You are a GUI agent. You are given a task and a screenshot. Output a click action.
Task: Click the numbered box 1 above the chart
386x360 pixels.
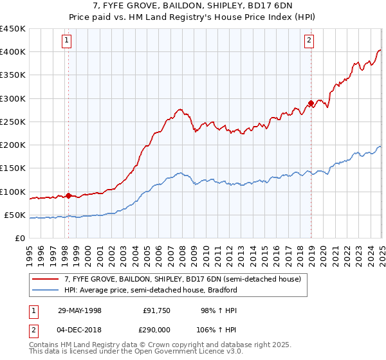[68, 40]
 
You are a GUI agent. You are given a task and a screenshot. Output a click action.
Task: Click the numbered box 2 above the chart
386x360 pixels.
[309, 40]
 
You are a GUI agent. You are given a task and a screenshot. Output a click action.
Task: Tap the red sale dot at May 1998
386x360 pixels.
[68, 195]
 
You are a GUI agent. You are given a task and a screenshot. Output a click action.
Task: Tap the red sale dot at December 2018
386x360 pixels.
[311, 103]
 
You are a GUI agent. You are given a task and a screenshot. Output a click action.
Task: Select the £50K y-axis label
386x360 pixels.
[15, 215]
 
